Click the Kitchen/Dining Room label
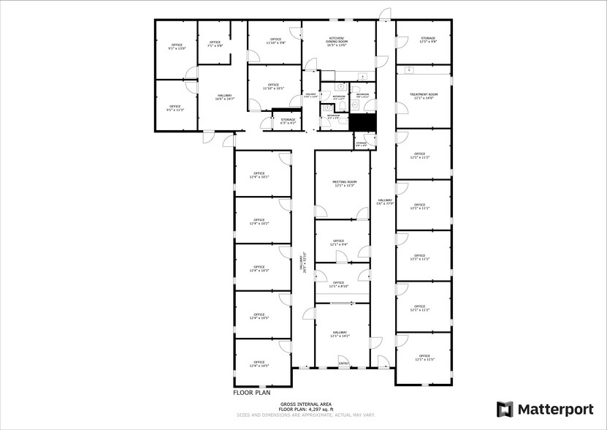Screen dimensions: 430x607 click(337, 40)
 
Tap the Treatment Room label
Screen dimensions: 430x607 click(424, 96)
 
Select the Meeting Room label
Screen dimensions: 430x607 click(344, 184)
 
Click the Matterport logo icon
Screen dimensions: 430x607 click(505, 409)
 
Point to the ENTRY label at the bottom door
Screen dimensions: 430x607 click(344, 363)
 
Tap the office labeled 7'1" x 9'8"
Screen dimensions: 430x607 click(215, 44)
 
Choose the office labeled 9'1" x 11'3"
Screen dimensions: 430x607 click(175, 107)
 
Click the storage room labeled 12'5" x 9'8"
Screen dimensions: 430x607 click(427, 40)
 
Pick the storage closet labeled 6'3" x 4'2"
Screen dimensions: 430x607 click(288, 121)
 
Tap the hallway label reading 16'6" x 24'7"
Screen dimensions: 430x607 click(224, 97)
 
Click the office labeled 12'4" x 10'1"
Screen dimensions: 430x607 click(259, 175)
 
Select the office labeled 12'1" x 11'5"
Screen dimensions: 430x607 click(424, 358)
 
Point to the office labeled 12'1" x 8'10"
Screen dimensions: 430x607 click(338, 284)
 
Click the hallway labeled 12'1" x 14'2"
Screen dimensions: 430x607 click(340, 334)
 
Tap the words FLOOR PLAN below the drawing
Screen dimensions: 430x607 click(252, 393)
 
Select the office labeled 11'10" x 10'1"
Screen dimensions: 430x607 click(273, 87)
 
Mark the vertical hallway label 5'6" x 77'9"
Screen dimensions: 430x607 click(385, 202)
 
